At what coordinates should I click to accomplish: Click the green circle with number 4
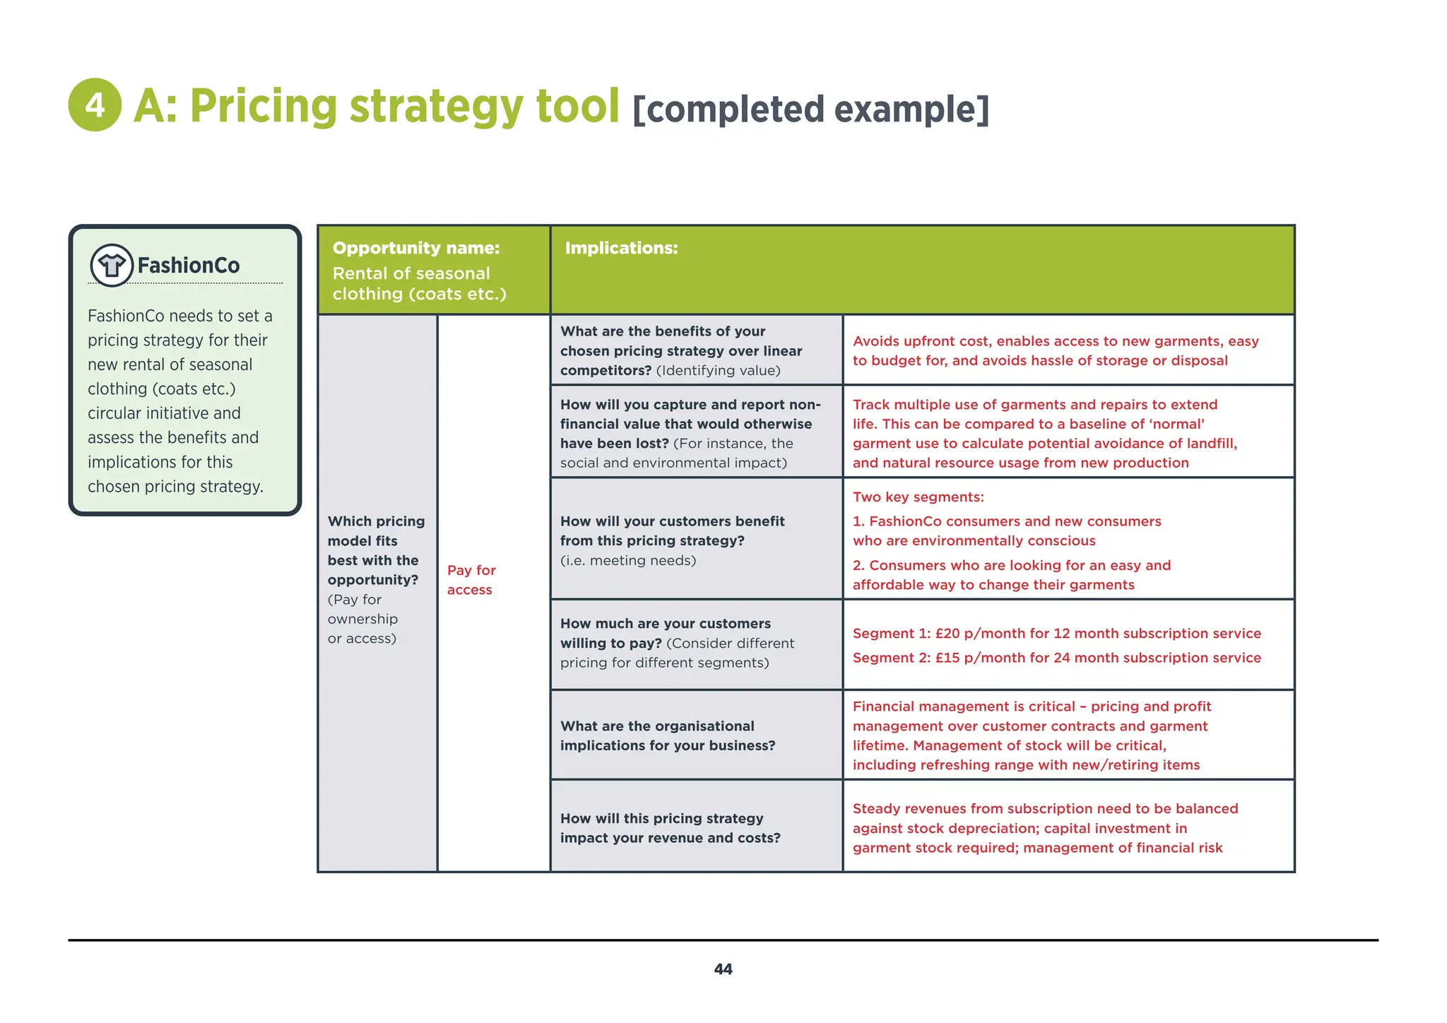click(x=95, y=105)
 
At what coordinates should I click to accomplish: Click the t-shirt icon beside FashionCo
click(x=112, y=266)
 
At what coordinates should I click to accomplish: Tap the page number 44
click(x=723, y=969)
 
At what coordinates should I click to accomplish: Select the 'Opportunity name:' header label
click(x=415, y=248)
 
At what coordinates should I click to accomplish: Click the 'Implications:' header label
click(x=621, y=248)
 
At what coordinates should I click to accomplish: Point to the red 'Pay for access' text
click(x=471, y=580)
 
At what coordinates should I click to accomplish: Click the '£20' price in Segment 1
click(x=947, y=634)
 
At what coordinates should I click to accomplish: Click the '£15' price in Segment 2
click(x=947, y=658)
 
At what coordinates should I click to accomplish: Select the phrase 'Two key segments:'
click(x=918, y=497)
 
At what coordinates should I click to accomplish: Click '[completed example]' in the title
click(x=810, y=110)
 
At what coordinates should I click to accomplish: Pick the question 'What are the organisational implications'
click(x=667, y=735)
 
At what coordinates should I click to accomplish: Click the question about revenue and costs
click(x=670, y=828)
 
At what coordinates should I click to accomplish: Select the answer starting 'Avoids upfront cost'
click(x=1056, y=350)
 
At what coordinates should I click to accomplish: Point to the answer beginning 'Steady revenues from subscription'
click(x=1045, y=828)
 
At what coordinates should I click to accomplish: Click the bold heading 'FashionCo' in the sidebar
click(x=189, y=266)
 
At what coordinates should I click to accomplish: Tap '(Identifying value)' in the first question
click(x=718, y=371)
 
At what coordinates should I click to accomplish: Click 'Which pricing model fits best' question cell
click(x=376, y=550)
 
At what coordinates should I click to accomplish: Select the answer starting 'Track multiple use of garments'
click(x=1045, y=434)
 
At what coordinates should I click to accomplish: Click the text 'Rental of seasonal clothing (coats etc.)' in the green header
click(x=419, y=283)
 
